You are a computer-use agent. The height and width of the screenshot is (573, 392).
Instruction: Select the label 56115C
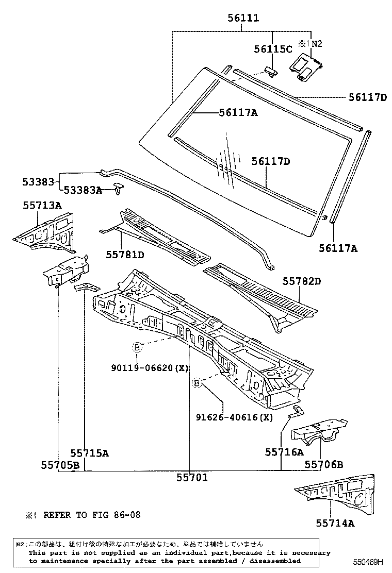273,49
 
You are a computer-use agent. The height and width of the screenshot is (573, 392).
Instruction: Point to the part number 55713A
42,205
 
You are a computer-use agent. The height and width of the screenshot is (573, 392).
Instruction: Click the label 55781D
125,254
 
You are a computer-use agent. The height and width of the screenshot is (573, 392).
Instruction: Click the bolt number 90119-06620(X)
150,367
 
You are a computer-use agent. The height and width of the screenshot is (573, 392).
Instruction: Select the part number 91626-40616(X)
234,417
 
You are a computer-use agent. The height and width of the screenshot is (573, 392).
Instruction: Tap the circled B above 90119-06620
137,348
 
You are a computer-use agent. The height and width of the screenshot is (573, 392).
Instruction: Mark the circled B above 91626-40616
197,383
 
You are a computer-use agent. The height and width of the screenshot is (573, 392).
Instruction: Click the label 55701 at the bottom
191,478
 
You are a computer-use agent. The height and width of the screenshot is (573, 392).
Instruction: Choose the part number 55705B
60,465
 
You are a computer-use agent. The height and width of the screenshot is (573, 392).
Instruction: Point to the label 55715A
90,453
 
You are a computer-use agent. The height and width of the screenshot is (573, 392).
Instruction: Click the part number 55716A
284,452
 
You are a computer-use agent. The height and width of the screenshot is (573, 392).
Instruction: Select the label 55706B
323,464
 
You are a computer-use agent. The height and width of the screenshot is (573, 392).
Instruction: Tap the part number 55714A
335,524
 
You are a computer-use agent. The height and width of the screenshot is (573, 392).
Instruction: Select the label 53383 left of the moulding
38,181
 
